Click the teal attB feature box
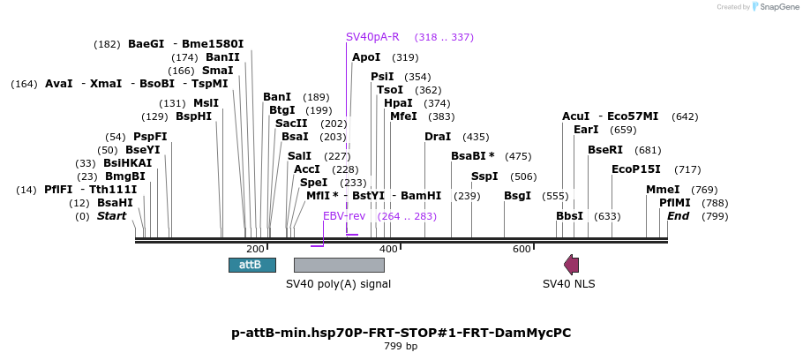point(252,265)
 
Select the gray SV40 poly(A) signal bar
point(339,265)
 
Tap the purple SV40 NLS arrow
point(572,265)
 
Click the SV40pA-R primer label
point(372,37)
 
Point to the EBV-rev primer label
point(344,216)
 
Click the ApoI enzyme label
point(366,57)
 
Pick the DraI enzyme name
point(438,137)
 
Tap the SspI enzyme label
point(484,176)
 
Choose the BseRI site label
point(605,150)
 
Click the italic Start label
point(112,216)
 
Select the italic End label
point(678,216)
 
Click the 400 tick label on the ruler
point(389,250)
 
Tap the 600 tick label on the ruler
point(522,250)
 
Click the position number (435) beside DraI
point(476,138)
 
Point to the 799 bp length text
point(401,346)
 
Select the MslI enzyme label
point(206,103)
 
